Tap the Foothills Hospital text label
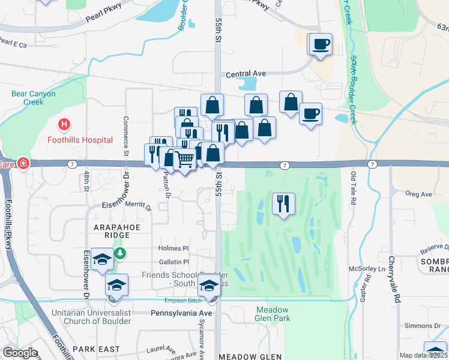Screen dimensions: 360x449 [80, 140]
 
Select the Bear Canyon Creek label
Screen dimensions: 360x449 [34, 98]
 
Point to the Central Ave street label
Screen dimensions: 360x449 [246, 74]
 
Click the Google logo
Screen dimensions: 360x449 [20, 353]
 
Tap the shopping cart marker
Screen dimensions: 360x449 [184, 160]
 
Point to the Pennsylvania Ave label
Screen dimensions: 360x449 [181, 313]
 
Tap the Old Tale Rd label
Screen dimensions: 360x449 [353, 187]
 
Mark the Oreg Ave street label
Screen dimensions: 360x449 [418, 194]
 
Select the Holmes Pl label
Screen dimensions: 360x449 [173, 248]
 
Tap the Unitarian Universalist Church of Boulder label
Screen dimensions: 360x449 [83, 317]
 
